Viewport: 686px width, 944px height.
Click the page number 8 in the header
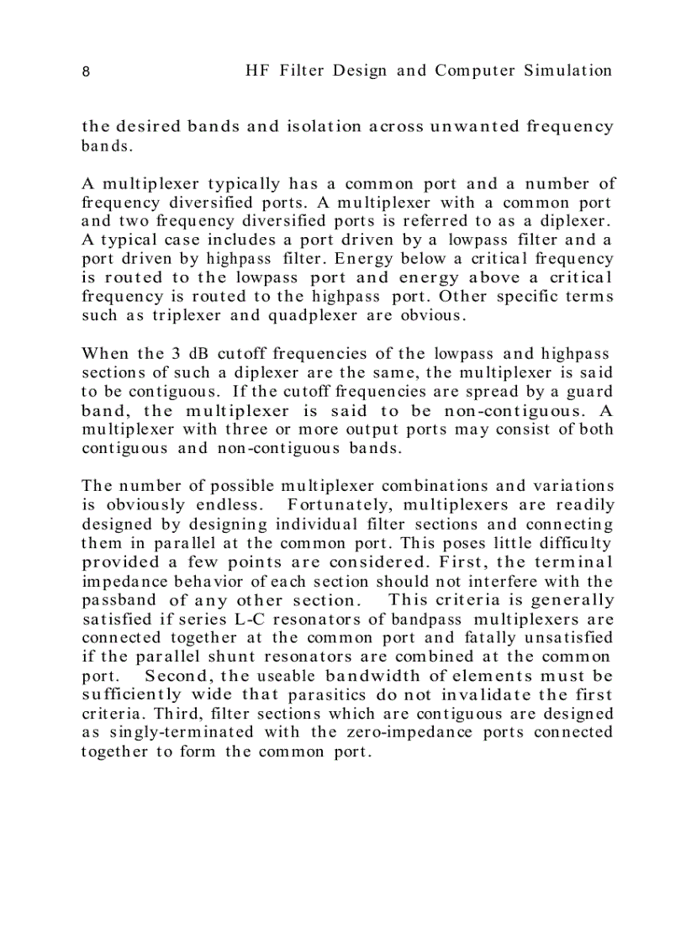[x=86, y=71]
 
